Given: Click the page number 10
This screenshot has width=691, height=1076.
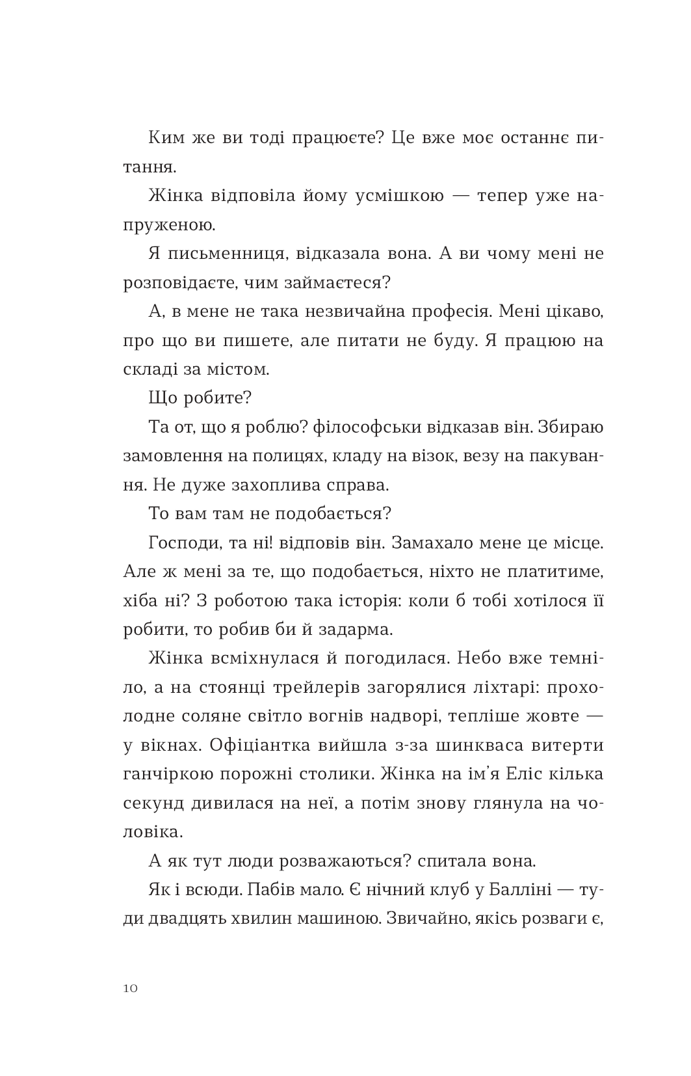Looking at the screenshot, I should coord(130,988).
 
